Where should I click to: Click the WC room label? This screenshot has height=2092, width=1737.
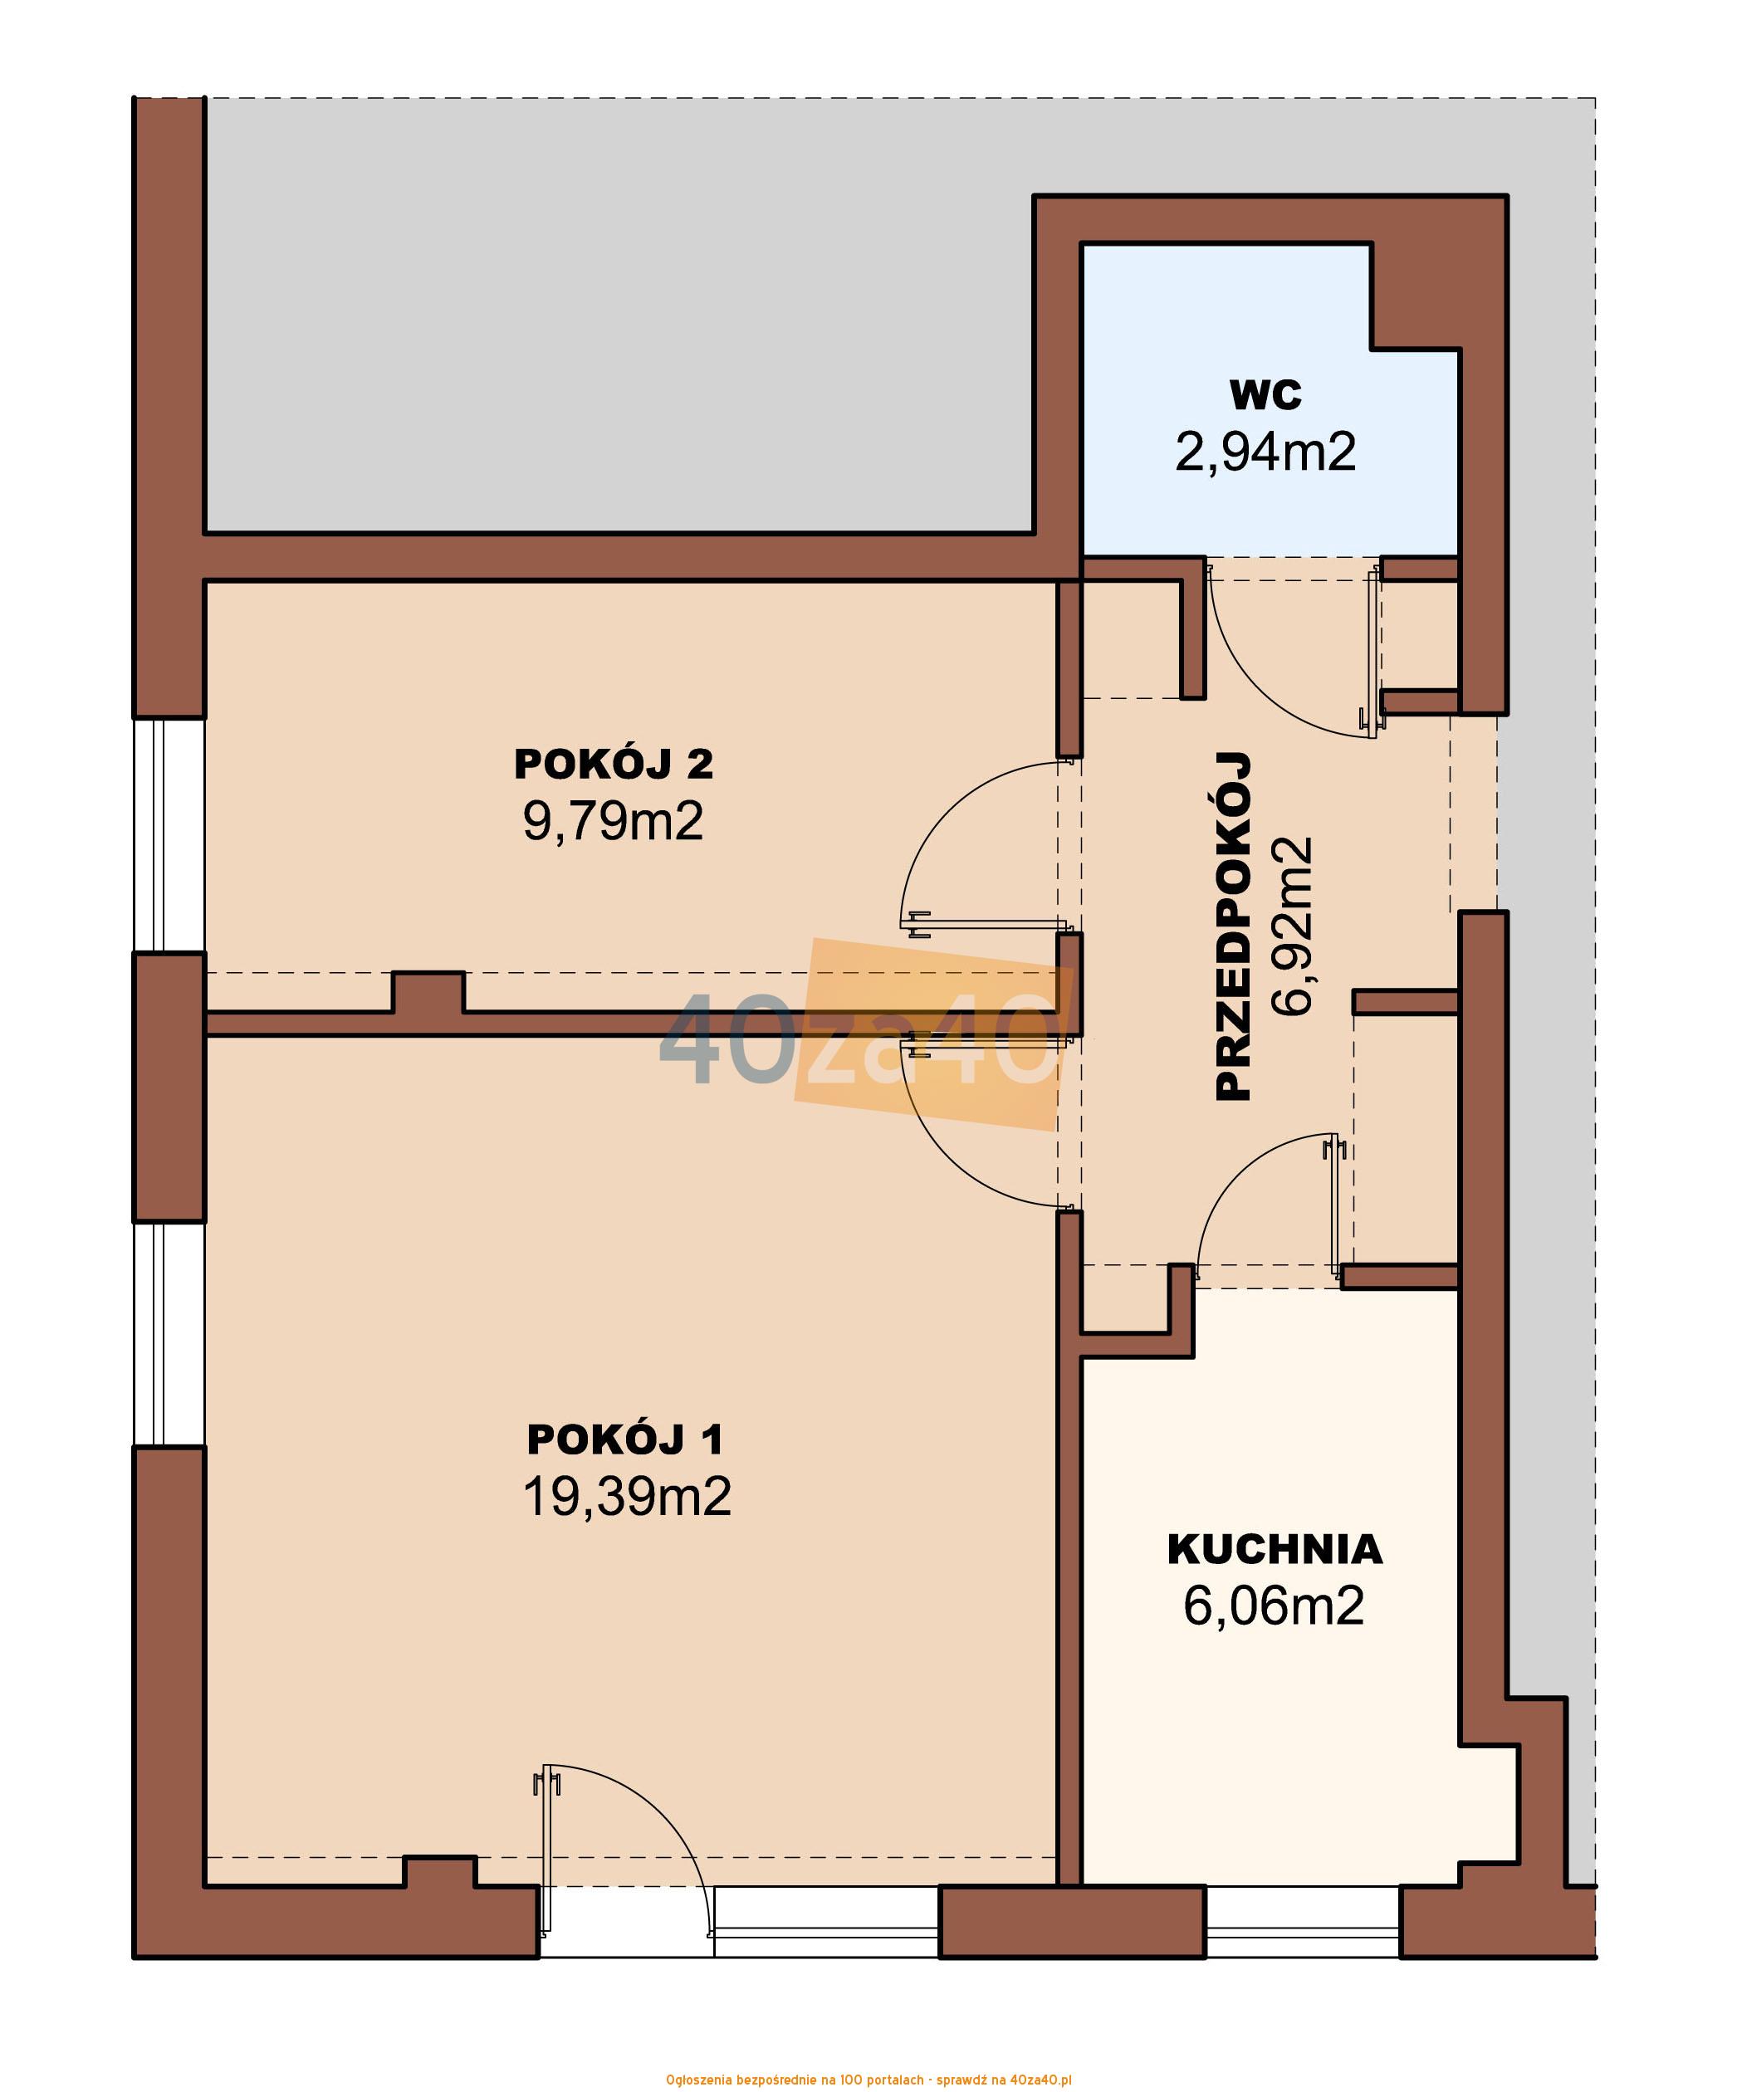tap(1265, 395)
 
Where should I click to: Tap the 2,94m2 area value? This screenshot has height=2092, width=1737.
tap(1265, 452)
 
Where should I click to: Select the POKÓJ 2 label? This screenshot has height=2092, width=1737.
tap(614, 764)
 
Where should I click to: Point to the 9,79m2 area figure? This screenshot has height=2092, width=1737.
tap(614, 822)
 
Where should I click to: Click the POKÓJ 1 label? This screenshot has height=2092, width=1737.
tap(625, 1439)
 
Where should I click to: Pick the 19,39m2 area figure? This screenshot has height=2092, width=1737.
tap(628, 1496)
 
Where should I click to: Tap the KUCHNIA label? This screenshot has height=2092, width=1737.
tap(1275, 1549)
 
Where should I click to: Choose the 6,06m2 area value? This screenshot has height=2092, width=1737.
tap(1274, 1606)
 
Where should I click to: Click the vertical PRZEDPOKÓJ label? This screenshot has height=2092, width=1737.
tap(1234, 926)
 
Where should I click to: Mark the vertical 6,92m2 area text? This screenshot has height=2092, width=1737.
tap(1293, 926)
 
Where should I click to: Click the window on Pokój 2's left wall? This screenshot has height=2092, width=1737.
tap(169, 836)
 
